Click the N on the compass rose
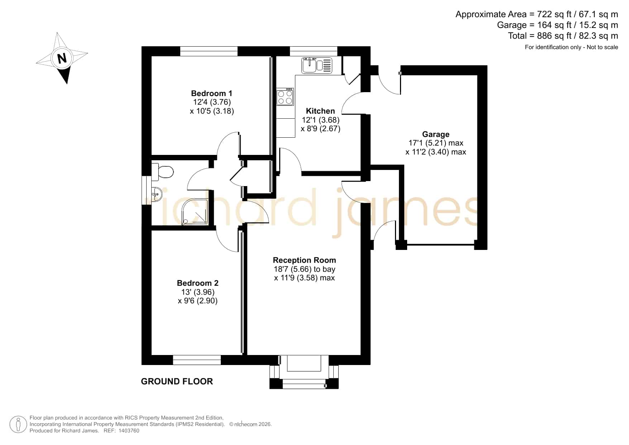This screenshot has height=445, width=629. (62, 58)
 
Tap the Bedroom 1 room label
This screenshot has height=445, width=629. (211, 93)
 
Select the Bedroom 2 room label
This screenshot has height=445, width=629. (197, 283)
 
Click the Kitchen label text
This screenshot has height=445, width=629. (320, 111)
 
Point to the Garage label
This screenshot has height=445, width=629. (435, 134)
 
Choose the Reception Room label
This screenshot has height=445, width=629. (304, 260)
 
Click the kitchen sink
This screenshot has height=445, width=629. (317, 65)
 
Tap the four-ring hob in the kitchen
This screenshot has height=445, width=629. (285, 97)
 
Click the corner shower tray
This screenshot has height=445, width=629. (195, 212)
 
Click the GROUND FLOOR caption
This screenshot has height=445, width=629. (177, 381)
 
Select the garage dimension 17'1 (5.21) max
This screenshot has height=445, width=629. (436, 143)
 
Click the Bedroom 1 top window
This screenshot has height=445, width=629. (209, 51)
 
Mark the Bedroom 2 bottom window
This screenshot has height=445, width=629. (197, 360)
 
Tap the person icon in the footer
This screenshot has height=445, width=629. (18, 425)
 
